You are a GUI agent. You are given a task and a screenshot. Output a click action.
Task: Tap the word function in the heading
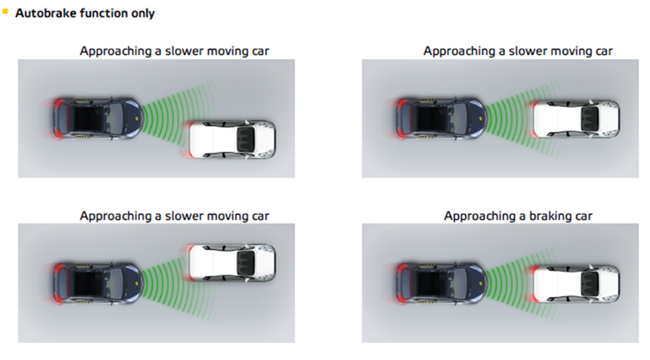point(104,15)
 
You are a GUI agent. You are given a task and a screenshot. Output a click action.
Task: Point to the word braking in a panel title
point(536,215)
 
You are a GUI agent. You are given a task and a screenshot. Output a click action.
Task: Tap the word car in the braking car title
point(581,215)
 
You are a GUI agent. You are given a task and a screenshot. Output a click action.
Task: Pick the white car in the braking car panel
point(574,283)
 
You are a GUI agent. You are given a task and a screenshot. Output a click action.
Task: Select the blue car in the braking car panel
point(438,283)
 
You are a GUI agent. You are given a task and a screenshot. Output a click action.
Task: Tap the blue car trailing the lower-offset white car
point(95,117)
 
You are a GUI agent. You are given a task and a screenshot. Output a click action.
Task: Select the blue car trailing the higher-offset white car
point(95,283)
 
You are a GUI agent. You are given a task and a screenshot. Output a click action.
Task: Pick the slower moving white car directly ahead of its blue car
point(574,119)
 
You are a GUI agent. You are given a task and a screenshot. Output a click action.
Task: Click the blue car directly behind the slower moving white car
point(438,118)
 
